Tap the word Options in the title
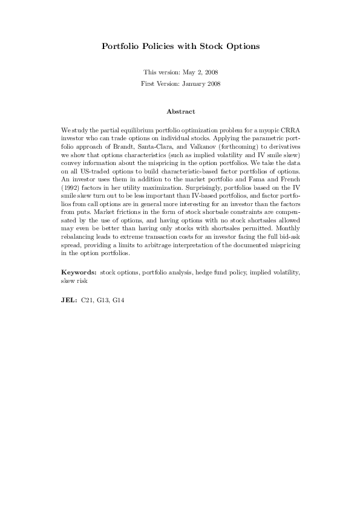(243, 46)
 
